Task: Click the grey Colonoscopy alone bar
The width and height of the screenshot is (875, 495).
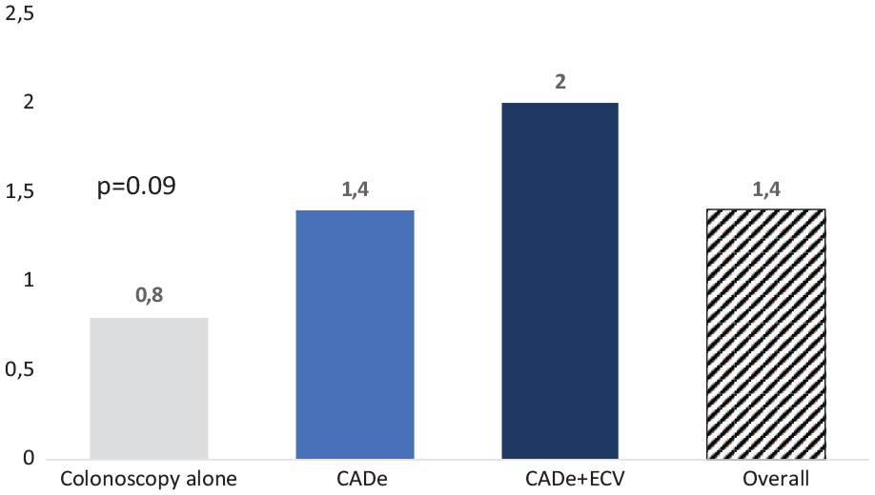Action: coord(149,387)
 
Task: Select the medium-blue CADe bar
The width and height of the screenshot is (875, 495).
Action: coord(355,334)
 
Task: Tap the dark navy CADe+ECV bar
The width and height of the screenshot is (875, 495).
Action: coord(560,280)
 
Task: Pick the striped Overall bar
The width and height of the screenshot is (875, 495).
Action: coord(766,334)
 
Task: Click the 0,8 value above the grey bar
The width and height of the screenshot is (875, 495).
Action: coord(149,296)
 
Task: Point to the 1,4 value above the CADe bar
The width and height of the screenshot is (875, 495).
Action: coord(355,188)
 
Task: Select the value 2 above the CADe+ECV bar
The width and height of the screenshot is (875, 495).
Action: coord(560,81)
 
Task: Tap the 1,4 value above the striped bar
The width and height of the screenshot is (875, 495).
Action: coord(766,188)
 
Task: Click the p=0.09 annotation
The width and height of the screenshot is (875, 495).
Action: coord(137,185)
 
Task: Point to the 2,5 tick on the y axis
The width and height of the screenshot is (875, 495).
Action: coord(20,13)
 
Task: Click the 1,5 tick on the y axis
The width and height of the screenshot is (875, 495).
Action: coord(20,192)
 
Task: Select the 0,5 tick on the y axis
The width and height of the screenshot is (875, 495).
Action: coord(20,370)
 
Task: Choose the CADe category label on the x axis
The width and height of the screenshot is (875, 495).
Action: coord(355,478)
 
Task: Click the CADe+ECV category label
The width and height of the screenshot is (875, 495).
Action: coord(560,478)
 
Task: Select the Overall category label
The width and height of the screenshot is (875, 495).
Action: coord(766,478)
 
